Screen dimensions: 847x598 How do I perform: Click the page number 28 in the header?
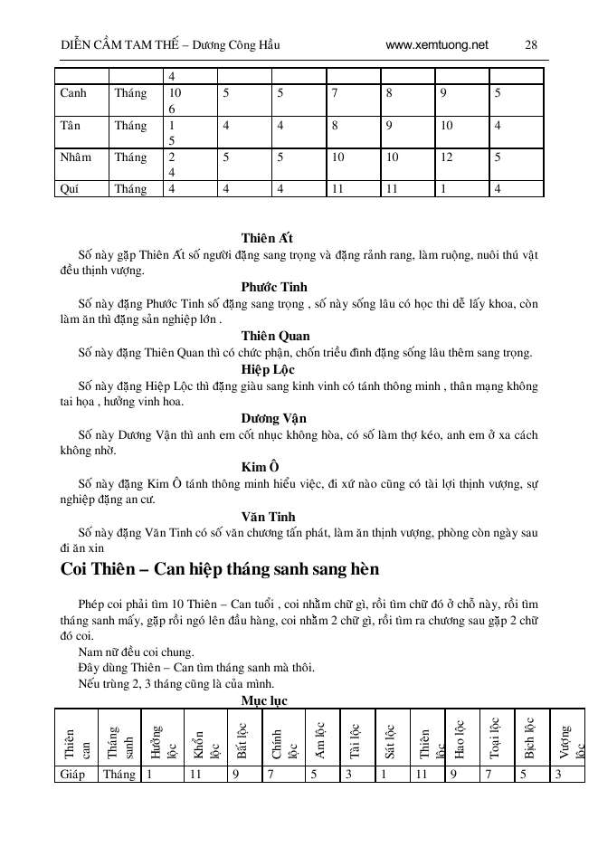click(x=531, y=44)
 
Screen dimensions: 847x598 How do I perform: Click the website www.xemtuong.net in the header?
click(x=436, y=44)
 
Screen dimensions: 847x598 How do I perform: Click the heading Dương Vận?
click(x=274, y=418)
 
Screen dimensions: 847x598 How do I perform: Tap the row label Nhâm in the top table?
click(x=75, y=157)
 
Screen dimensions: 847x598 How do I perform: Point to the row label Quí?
click(x=70, y=189)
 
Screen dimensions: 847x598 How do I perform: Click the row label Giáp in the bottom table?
click(x=72, y=774)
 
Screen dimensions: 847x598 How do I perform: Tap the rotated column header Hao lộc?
click(x=459, y=738)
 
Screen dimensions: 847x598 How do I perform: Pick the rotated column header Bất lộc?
click(x=241, y=738)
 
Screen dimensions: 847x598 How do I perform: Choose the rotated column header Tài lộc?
click(x=355, y=738)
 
